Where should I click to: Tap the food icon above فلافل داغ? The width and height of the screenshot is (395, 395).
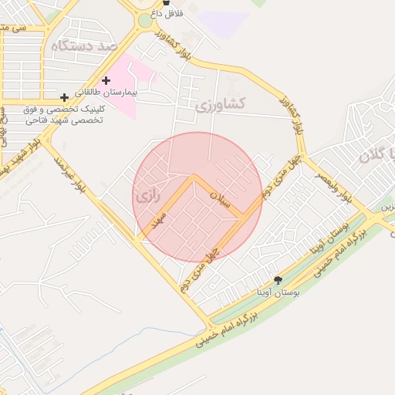tap(166, 2)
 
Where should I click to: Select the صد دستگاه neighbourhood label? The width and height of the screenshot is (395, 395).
tap(84, 46)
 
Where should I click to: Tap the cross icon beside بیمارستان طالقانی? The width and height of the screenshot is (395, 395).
tap(106, 80)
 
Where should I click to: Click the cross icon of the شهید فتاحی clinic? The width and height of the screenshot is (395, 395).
tap(64, 97)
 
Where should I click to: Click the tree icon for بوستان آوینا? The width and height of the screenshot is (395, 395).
tap(279, 279)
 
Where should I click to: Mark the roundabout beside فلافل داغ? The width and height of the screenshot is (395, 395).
tap(144, 22)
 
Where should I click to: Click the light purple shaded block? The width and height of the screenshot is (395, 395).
tap(224, 23)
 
